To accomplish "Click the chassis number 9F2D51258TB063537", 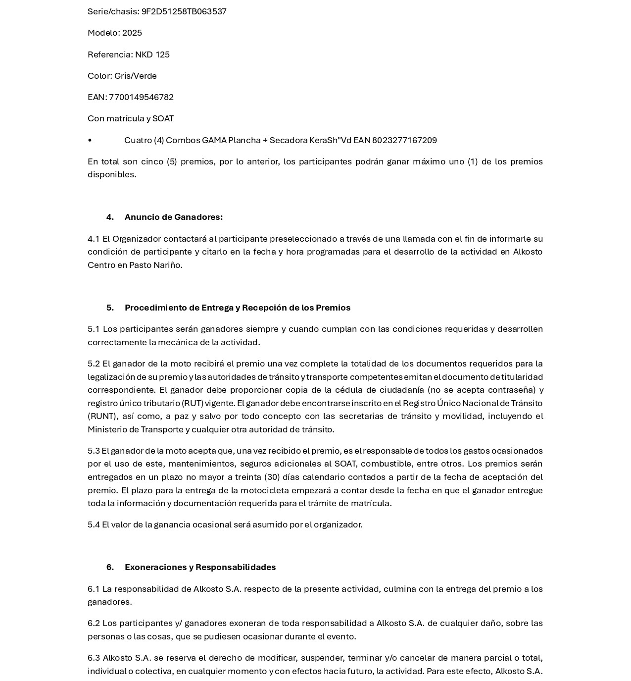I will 184,11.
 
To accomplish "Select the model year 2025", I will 132,33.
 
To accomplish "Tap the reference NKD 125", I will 152,54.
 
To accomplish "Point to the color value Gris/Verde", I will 135,76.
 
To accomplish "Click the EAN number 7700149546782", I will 141,97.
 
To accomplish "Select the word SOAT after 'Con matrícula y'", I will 163,118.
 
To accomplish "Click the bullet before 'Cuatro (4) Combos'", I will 90,140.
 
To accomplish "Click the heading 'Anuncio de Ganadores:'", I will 173,217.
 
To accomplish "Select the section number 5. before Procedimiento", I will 110,308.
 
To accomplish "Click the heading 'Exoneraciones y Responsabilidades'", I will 200,567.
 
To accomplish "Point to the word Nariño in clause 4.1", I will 168,265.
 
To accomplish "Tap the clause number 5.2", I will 94,364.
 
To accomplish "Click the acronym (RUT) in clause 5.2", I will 193,403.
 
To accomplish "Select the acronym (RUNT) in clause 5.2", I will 101,416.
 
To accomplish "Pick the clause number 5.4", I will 94,524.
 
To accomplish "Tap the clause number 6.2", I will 94,623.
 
